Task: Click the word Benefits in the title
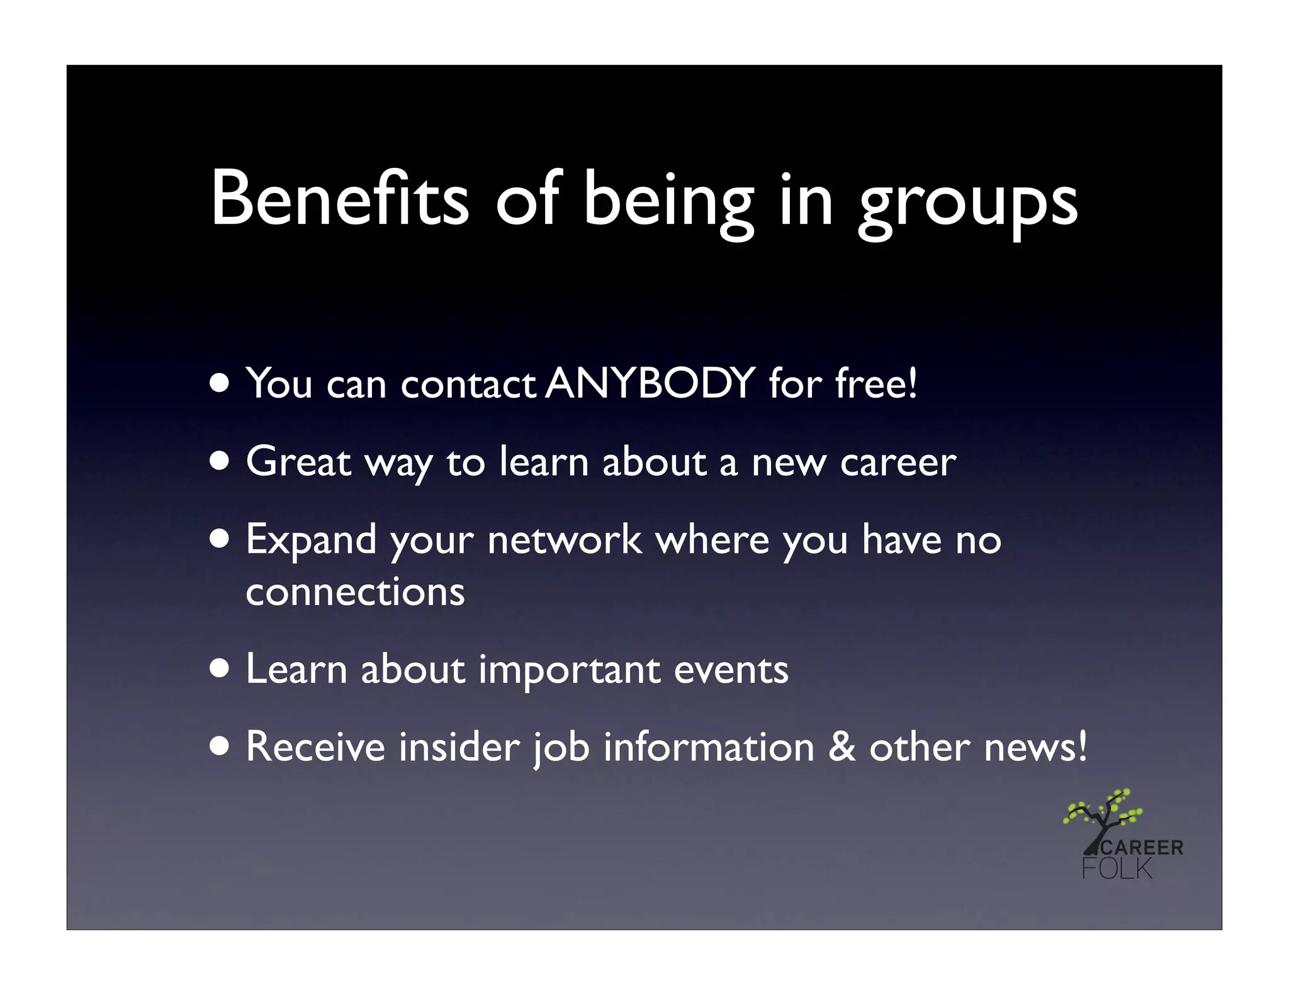pos(340,199)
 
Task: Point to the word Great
pos(298,462)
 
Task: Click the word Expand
pos(311,541)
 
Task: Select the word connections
pos(355,592)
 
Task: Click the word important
pos(569,670)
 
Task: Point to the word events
pos(731,670)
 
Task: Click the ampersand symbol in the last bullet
pos(842,747)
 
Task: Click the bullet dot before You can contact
pos(220,383)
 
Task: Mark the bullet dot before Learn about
pos(220,670)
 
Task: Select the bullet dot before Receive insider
pos(220,747)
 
